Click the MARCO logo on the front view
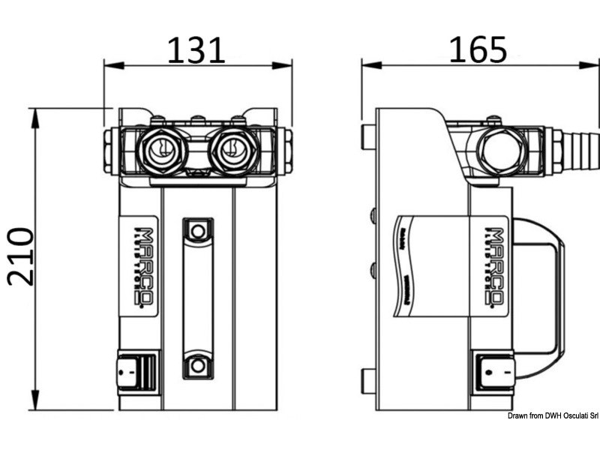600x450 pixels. click(x=142, y=264)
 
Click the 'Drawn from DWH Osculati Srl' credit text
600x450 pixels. click(x=553, y=415)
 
